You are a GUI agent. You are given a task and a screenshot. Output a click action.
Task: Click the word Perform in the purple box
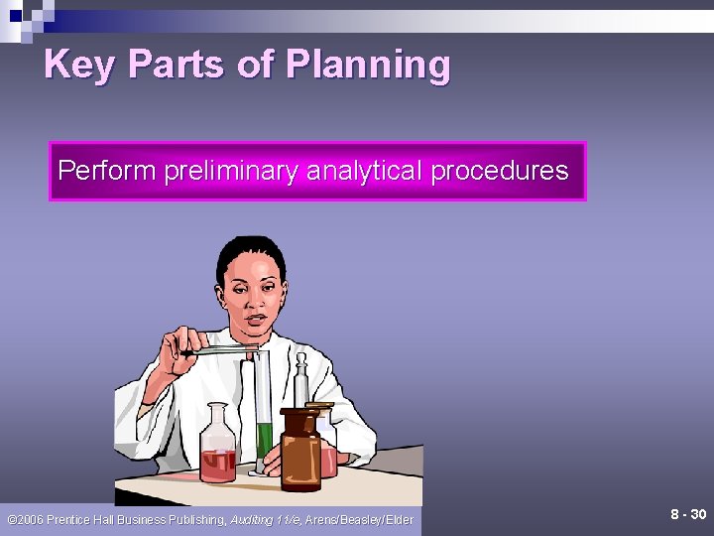click(x=106, y=171)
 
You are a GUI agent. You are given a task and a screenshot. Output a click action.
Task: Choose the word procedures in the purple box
click(x=500, y=171)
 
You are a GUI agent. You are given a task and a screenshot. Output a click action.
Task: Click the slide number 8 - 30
click(x=688, y=514)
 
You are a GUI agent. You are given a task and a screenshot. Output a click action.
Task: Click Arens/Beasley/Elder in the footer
click(x=360, y=519)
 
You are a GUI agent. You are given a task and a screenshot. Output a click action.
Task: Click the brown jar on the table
click(x=300, y=452)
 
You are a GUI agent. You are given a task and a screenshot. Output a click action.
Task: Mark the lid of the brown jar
click(x=300, y=411)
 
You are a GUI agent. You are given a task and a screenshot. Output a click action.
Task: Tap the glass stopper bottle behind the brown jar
click(x=302, y=382)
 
